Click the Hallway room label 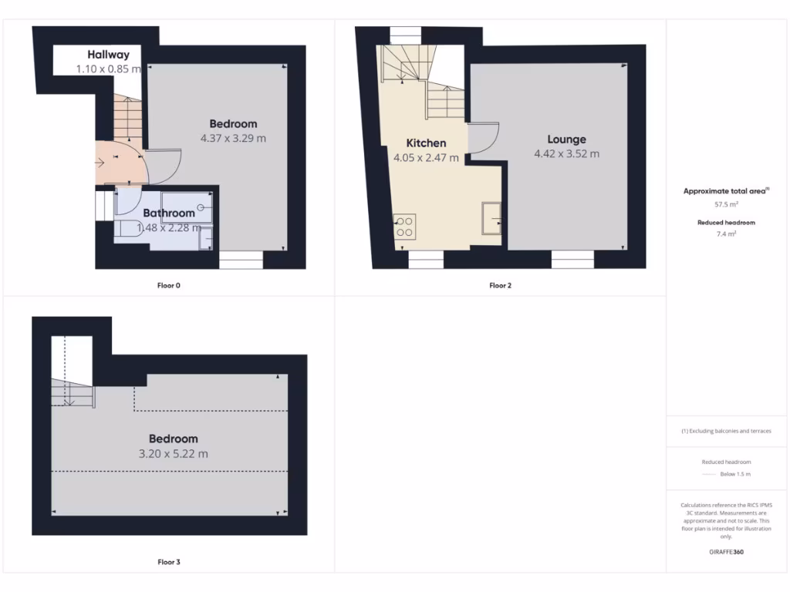[108, 55]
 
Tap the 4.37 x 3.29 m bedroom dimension [233, 139]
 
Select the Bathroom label [169, 213]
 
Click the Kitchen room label [426, 143]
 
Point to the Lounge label [566, 140]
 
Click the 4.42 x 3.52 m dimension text [566, 154]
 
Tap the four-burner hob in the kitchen [404, 225]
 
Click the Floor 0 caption [168, 285]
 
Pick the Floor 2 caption [500, 285]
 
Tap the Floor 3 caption [168, 562]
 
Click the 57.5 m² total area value [727, 205]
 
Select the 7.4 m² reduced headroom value [727, 233]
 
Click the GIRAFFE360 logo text [727, 552]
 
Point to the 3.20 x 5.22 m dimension [173, 454]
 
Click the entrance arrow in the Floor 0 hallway [101, 163]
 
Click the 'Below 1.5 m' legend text [734, 474]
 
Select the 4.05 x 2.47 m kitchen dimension [426, 158]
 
